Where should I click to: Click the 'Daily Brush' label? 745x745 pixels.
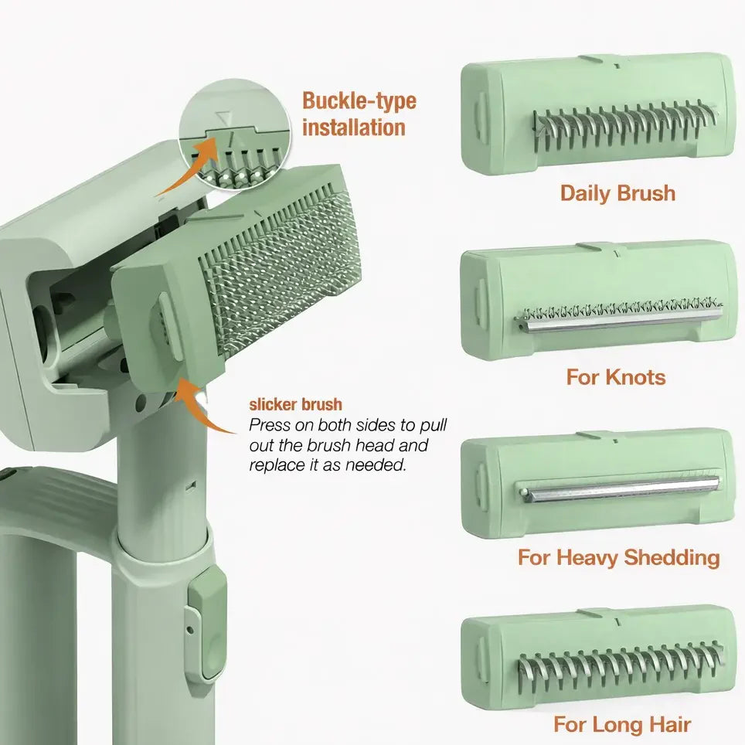[617, 192]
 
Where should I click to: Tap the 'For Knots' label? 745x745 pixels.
[615, 377]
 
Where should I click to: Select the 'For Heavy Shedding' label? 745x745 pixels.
[618, 557]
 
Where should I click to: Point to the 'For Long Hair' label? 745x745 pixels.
[621, 724]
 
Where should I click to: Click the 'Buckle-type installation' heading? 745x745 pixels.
[359, 114]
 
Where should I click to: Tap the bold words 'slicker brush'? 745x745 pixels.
[295, 405]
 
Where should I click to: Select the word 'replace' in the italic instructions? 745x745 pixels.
[275, 465]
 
